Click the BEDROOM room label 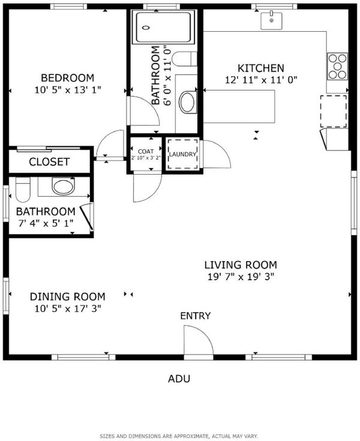coord(67,77)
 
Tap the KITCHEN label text coord(261,68)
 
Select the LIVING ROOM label coord(241,265)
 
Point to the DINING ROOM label coord(67,297)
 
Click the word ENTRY coord(195,316)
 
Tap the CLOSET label coord(49,162)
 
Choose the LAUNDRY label coord(182,154)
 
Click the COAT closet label coord(146,151)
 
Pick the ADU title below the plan coord(179,379)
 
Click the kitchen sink coord(271,20)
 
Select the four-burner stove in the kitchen coord(337,67)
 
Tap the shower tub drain coord(146,28)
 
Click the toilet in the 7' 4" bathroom coord(23,189)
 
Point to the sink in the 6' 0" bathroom coord(188,102)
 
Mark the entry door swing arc coord(206,334)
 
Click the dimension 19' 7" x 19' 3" coord(241,277)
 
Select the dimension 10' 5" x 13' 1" coord(67,90)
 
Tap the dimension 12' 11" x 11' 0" coord(261,80)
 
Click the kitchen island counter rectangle coord(239,106)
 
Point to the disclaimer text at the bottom coord(179,436)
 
